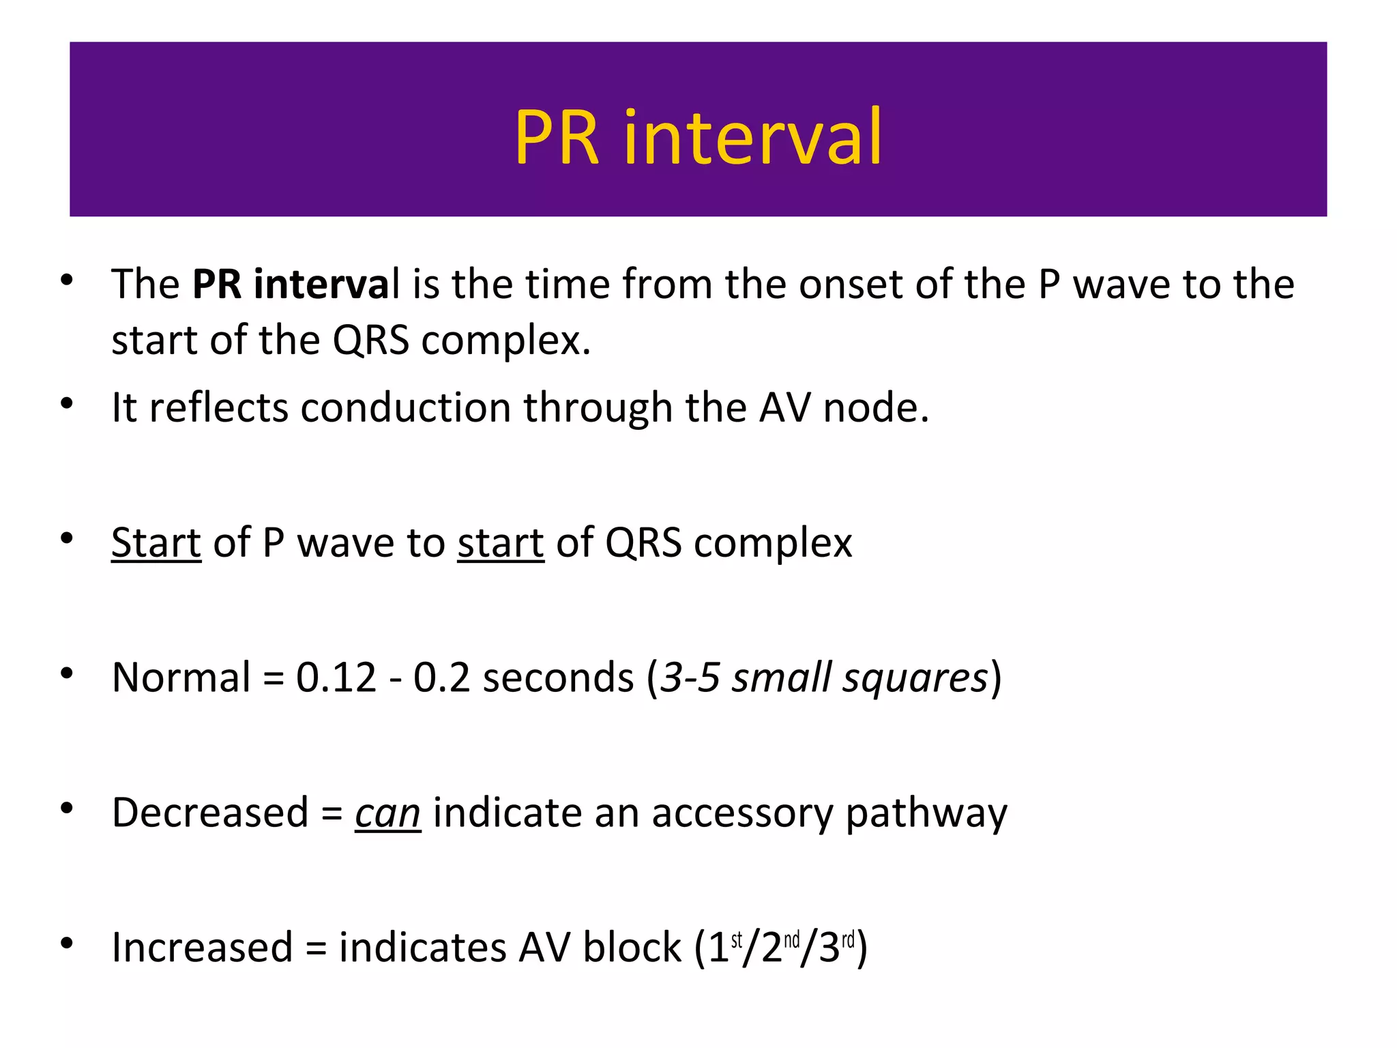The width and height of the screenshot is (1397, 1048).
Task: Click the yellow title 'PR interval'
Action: [698, 138]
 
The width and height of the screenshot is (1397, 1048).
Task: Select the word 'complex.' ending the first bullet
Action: [505, 340]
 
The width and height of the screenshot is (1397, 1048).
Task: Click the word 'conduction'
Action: [405, 408]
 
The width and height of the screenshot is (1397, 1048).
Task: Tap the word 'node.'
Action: [876, 408]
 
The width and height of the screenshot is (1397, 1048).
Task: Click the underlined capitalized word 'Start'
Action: [156, 543]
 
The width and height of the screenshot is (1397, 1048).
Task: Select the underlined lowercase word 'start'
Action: [500, 543]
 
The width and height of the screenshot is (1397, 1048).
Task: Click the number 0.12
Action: [336, 678]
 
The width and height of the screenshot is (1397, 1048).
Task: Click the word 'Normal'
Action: [181, 678]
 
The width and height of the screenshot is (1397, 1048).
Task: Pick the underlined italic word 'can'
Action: [387, 813]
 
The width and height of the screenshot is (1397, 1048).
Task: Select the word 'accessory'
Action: [742, 813]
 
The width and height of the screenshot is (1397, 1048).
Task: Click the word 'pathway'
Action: [926, 813]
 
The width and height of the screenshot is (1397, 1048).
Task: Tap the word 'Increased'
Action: [202, 948]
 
